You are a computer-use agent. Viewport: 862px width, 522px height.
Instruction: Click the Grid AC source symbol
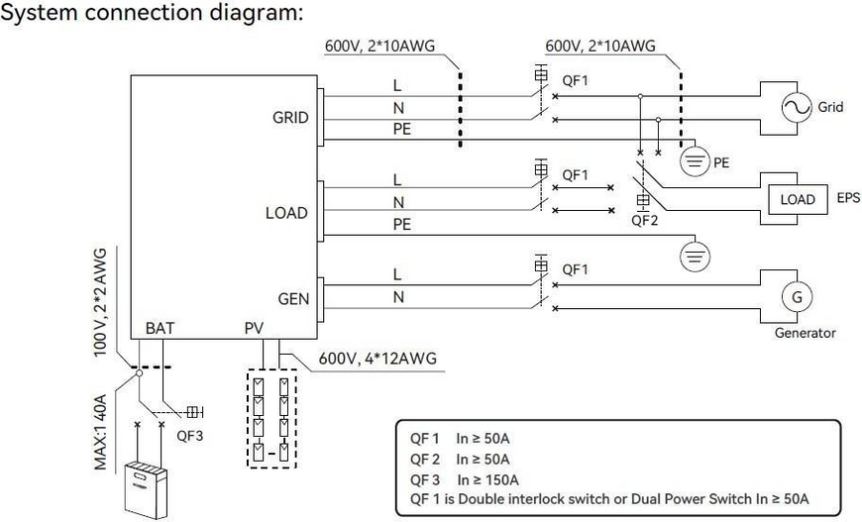click(x=796, y=108)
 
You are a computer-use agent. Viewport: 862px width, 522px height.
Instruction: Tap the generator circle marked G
click(x=797, y=297)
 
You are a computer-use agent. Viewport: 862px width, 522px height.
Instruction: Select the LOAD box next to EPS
click(x=798, y=199)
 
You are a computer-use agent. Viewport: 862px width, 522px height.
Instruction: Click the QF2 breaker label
click(x=644, y=220)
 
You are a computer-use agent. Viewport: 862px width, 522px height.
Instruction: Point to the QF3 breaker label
click(x=189, y=436)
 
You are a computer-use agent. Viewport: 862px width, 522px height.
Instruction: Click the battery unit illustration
click(x=144, y=490)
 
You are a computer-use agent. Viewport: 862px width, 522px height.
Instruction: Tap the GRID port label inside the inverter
click(x=290, y=117)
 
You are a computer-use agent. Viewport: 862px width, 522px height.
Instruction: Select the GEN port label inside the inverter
click(x=293, y=299)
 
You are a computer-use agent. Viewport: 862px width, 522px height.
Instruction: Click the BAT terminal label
click(x=160, y=328)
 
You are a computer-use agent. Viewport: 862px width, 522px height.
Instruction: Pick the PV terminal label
click(x=254, y=328)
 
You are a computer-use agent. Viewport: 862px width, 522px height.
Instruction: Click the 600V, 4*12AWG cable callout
click(x=377, y=359)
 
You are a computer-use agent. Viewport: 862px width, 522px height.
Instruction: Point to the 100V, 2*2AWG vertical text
click(x=100, y=302)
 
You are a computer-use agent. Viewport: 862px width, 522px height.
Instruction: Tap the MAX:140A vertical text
click(x=100, y=431)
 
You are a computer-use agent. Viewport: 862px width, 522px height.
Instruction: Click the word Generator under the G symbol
click(x=805, y=333)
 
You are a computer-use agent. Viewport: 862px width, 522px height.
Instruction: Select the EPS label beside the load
click(x=848, y=198)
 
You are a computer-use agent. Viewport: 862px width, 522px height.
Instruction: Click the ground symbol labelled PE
click(x=695, y=161)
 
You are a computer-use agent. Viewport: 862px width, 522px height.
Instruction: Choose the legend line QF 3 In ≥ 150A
click(x=465, y=479)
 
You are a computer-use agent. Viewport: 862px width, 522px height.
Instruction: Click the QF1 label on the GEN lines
click(x=575, y=269)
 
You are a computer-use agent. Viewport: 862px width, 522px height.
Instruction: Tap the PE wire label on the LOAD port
click(x=402, y=224)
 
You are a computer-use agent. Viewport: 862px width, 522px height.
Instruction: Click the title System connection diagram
click(x=152, y=12)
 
